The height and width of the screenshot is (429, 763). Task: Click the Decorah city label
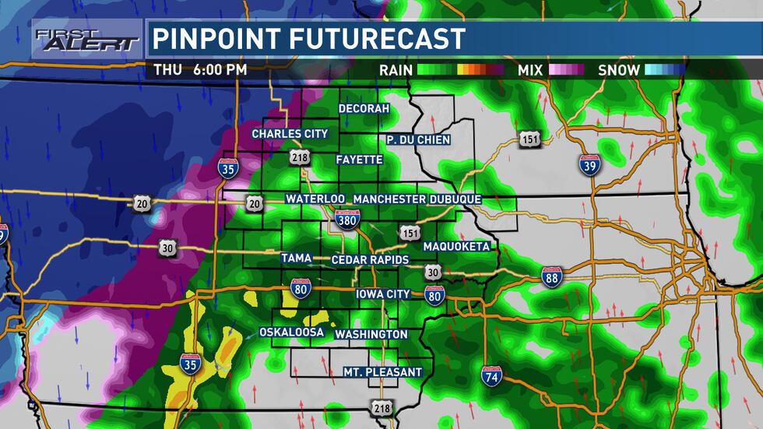(x=364, y=108)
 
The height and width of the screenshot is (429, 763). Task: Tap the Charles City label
(x=290, y=134)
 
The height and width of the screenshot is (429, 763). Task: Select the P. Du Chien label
(x=418, y=139)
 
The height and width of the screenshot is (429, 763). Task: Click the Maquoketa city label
(x=456, y=247)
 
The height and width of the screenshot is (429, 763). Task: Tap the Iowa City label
(x=382, y=294)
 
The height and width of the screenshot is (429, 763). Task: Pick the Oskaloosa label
(x=291, y=332)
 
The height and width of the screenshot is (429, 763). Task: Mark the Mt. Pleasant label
(x=382, y=372)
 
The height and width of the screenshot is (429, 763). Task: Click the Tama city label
(x=297, y=258)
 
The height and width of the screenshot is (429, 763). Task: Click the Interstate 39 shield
(x=589, y=164)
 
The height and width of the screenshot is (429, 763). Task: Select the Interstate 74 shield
(x=491, y=375)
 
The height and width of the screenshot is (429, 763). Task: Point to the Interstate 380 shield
(x=347, y=219)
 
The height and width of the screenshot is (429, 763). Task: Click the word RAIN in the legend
(x=396, y=70)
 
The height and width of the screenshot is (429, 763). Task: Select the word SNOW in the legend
(x=619, y=70)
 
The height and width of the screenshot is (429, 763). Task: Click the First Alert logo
(x=86, y=38)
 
